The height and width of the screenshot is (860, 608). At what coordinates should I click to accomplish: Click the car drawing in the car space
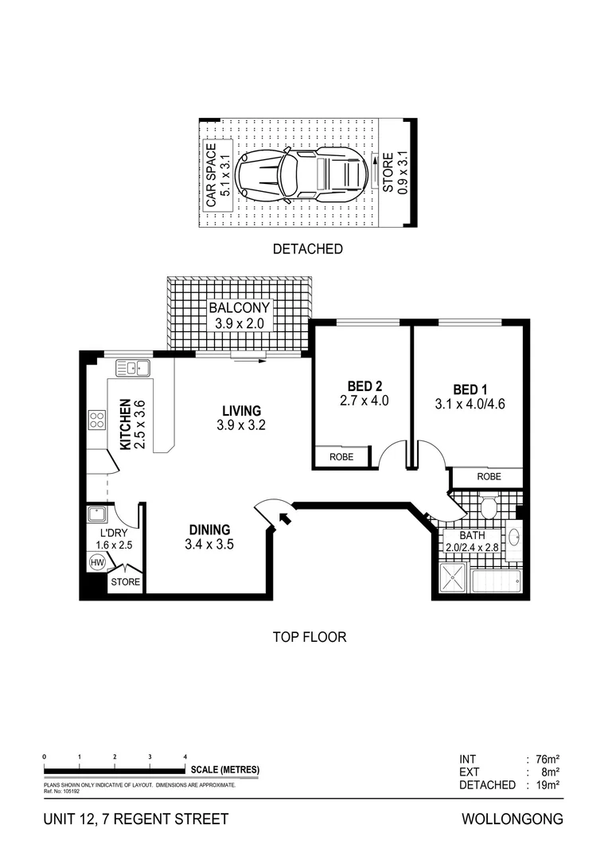[303, 173]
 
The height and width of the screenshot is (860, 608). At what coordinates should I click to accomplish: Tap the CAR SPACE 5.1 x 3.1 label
[218, 176]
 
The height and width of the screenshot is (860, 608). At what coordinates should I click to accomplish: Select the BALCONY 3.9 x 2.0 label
[239, 315]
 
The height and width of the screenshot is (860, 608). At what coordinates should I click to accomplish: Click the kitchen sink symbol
[132, 367]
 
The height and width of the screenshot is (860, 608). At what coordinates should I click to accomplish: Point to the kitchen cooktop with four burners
[97, 420]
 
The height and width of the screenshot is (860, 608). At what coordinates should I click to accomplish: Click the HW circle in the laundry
[98, 563]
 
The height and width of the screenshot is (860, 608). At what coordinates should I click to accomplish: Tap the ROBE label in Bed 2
[342, 458]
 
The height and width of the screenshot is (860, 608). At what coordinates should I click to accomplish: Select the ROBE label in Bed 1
[489, 478]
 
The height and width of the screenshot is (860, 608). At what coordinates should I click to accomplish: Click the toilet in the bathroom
[487, 505]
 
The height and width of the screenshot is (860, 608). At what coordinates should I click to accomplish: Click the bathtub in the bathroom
[496, 582]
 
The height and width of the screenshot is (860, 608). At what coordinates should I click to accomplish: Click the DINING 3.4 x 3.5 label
[209, 537]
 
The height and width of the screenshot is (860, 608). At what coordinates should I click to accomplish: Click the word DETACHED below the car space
[307, 249]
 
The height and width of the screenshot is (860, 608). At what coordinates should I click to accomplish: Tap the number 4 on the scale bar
[185, 756]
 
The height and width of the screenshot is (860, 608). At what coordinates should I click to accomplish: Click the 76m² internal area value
[547, 759]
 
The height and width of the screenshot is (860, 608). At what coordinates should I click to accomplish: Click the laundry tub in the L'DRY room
[99, 514]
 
